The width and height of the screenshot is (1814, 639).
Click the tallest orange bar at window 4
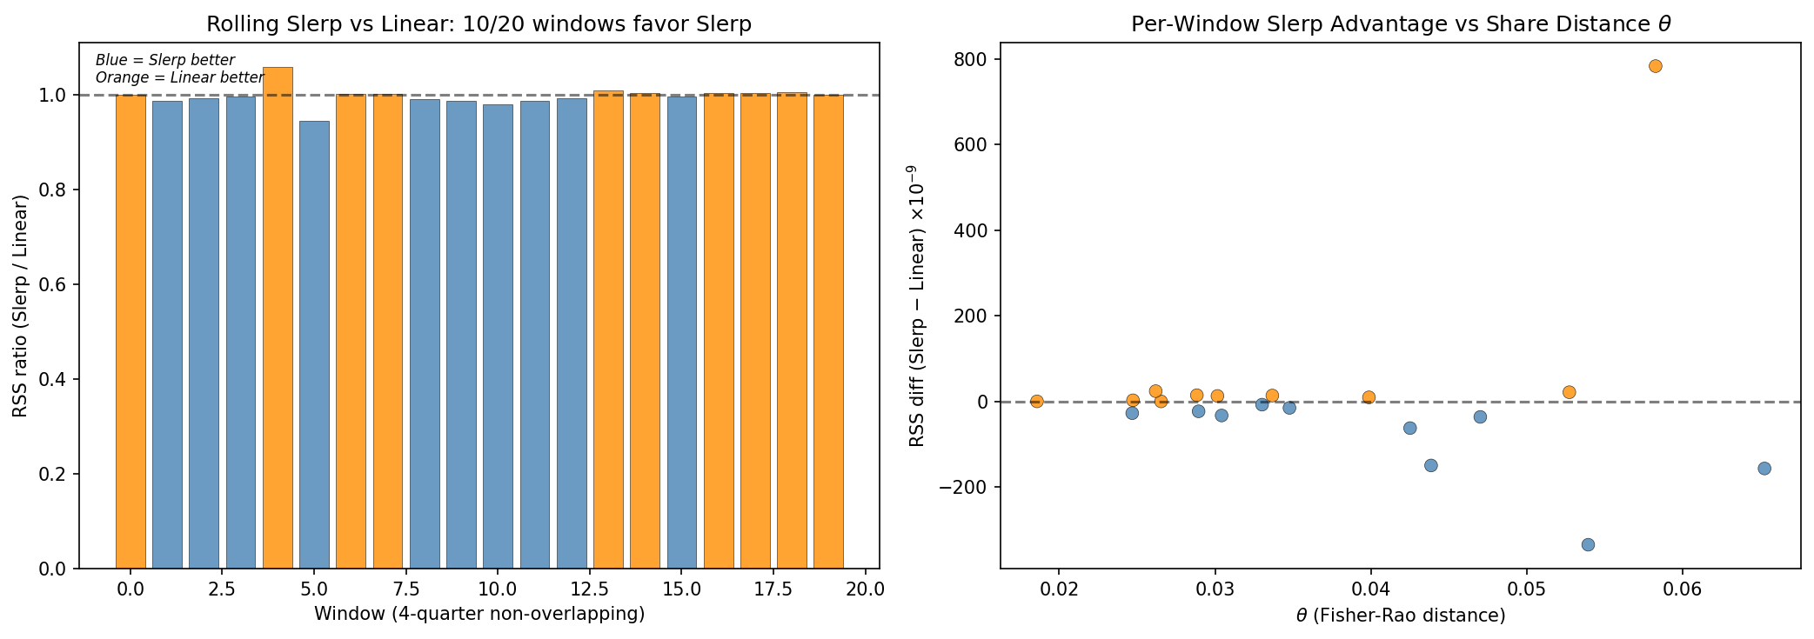pos(278,318)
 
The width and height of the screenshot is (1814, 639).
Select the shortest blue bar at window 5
pos(314,345)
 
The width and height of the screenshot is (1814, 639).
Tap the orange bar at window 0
pos(131,331)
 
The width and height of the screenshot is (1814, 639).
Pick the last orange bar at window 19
pos(828,331)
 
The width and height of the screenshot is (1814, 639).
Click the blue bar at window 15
pos(681,332)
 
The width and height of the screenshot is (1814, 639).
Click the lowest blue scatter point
pos(1587,544)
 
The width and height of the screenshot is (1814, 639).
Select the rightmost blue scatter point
pos(1764,468)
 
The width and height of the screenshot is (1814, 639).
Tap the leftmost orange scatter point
pos(1036,401)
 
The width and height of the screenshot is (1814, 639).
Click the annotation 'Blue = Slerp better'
pos(164,60)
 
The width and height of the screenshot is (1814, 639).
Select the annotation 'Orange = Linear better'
pos(179,77)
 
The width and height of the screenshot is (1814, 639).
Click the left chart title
pos(479,23)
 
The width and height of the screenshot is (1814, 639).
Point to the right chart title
pos(1400,23)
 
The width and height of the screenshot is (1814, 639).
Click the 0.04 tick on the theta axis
pos(1370,589)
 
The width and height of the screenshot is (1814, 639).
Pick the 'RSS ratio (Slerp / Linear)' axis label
pos(20,305)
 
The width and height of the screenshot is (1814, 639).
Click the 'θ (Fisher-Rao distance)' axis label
pos(1400,616)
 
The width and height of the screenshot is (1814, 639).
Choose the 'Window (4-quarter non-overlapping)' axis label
pos(479,615)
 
